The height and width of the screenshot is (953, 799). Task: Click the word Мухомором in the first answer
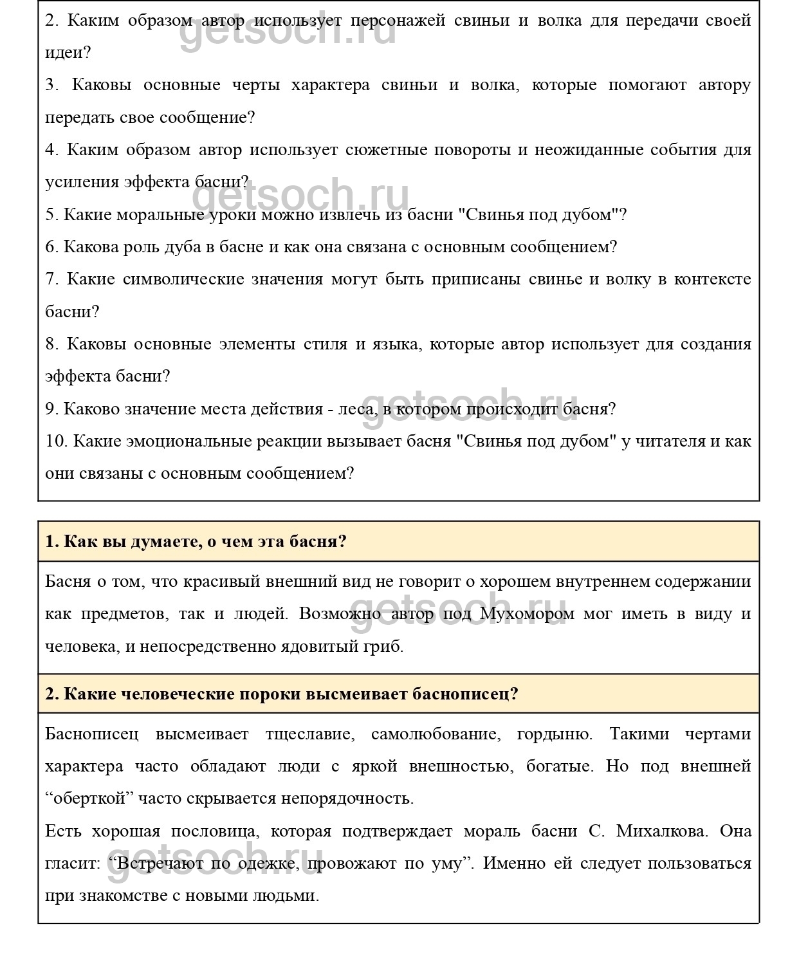point(527,613)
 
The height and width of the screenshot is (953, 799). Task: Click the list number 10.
point(56,441)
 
